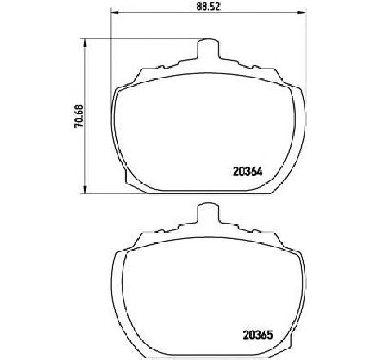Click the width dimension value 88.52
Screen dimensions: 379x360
[x=208, y=7]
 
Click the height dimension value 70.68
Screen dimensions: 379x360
[x=79, y=117]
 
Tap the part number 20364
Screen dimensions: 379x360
[x=247, y=171]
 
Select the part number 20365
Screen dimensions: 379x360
[x=257, y=335]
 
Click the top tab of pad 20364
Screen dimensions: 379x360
[x=207, y=49]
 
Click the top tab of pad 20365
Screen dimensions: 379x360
[x=207, y=214]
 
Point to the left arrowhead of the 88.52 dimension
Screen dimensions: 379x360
[x=116, y=12]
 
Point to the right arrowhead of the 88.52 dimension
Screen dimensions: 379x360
[x=301, y=12]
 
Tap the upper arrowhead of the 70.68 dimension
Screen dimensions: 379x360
[x=85, y=43]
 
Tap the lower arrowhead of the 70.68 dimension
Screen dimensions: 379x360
[x=85, y=189]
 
